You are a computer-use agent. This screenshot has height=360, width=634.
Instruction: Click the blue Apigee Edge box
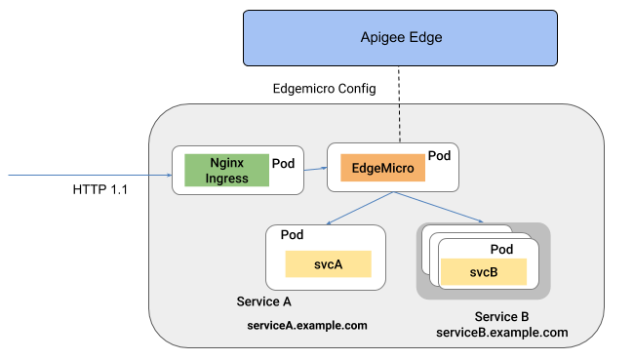pyautogui.click(x=402, y=38)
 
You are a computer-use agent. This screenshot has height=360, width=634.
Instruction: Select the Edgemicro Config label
pyautogui.click(x=324, y=89)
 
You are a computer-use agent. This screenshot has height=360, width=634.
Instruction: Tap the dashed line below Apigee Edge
pyautogui.click(x=400, y=107)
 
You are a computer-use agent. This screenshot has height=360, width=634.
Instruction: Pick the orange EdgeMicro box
pyautogui.click(x=382, y=169)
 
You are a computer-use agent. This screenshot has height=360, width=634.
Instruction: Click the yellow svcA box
pyautogui.click(x=328, y=263)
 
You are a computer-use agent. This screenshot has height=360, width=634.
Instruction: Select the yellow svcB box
pyautogui.click(x=484, y=271)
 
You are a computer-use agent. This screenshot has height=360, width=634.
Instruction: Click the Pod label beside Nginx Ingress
pyautogui.click(x=283, y=162)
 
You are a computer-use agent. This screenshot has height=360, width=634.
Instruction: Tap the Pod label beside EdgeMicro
pyautogui.click(x=439, y=156)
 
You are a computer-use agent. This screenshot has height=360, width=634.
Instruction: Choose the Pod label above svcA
pyautogui.click(x=293, y=236)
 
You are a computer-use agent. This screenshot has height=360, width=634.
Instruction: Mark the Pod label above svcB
pyautogui.click(x=500, y=249)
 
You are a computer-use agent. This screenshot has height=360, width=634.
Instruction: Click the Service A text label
pyautogui.click(x=264, y=300)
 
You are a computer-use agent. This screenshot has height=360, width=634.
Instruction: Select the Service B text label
pyautogui.click(x=501, y=317)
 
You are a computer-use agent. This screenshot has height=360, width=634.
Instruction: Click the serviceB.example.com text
pyautogui.click(x=501, y=333)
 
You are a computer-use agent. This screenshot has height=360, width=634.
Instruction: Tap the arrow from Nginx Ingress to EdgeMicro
pyautogui.click(x=314, y=169)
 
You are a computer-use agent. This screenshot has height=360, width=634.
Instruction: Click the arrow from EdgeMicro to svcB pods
pyautogui.click(x=439, y=208)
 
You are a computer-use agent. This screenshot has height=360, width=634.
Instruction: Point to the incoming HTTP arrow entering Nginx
pyautogui.click(x=88, y=176)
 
